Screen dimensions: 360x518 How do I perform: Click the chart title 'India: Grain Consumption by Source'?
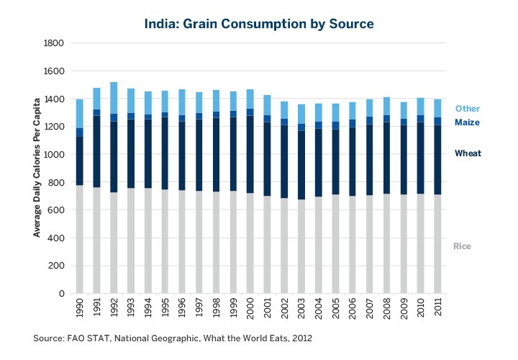259,24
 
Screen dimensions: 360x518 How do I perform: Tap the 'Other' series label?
467,109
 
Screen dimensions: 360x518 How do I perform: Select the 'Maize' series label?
467,122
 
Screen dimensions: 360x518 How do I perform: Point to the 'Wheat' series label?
468,153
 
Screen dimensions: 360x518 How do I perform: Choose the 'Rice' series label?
462,246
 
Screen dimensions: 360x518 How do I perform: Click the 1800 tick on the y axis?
55,43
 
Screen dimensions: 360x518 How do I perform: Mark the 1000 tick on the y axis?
55,155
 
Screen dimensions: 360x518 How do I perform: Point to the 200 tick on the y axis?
58,266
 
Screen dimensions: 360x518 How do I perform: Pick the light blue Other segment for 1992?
114,98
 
